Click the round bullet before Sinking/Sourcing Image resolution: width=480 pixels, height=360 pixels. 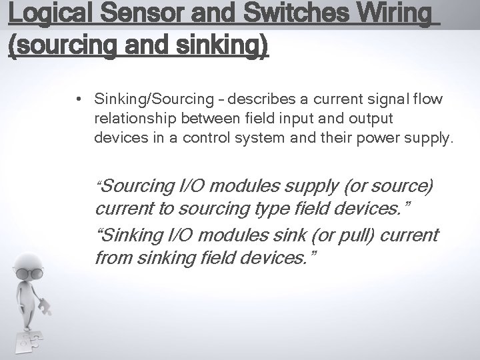[79, 99]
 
